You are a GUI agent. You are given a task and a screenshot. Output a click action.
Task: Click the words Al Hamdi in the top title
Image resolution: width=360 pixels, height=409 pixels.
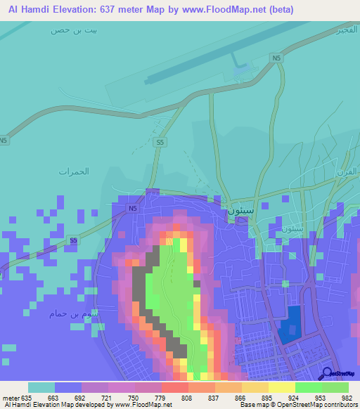click(31, 10)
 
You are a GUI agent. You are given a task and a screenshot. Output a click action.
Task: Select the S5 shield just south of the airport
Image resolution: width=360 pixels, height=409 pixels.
click(161, 143)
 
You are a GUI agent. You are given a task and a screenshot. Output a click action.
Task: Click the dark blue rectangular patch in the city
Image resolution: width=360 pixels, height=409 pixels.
click(289, 324)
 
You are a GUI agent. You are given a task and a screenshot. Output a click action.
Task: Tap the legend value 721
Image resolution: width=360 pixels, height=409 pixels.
click(108, 397)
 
